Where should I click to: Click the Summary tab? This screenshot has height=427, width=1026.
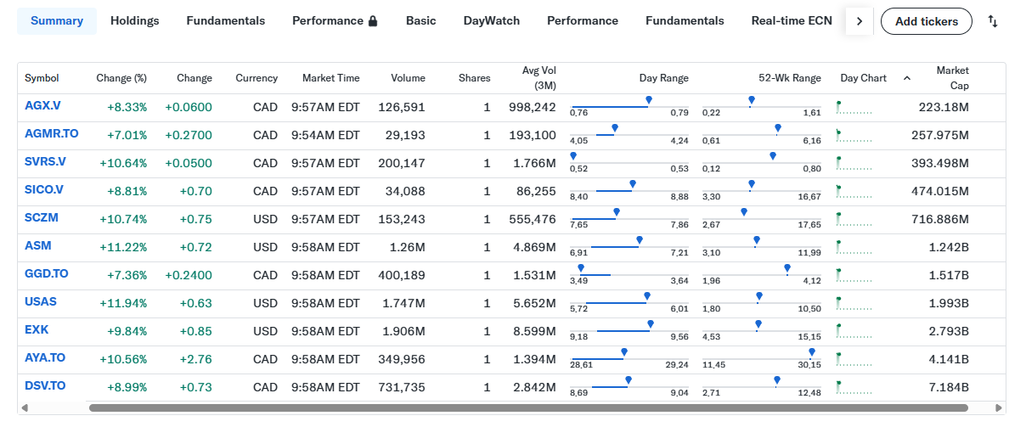(x=57, y=21)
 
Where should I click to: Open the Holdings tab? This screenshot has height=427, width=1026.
(x=135, y=21)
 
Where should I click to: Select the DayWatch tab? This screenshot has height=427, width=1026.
(x=492, y=21)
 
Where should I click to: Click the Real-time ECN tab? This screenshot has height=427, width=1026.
(x=792, y=21)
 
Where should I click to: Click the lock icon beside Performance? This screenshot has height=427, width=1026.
(x=373, y=21)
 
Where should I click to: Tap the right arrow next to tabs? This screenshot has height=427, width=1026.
(x=860, y=21)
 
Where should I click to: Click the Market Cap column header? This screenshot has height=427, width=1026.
(x=952, y=78)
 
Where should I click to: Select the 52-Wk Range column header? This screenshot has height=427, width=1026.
(x=790, y=78)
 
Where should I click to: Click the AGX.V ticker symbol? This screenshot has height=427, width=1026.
(x=42, y=106)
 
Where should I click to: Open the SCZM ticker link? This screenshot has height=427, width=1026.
(x=42, y=218)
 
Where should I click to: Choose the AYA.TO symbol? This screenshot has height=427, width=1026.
(x=45, y=358)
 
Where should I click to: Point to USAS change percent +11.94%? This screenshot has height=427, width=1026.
(x=123, y=303)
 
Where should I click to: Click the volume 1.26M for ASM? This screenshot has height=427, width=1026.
(x=407, y=248)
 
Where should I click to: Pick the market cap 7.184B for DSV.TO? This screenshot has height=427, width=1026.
(x=949, y=388)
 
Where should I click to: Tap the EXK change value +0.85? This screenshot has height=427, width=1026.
(x=195, y=331)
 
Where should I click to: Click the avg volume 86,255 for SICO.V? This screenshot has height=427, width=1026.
(x=536, y=191)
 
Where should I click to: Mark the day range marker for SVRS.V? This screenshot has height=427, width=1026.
(x=573, y=156)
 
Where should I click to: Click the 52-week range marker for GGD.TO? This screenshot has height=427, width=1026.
(x=786, y=268)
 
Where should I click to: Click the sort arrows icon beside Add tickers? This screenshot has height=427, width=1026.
(x=993, y=21)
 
